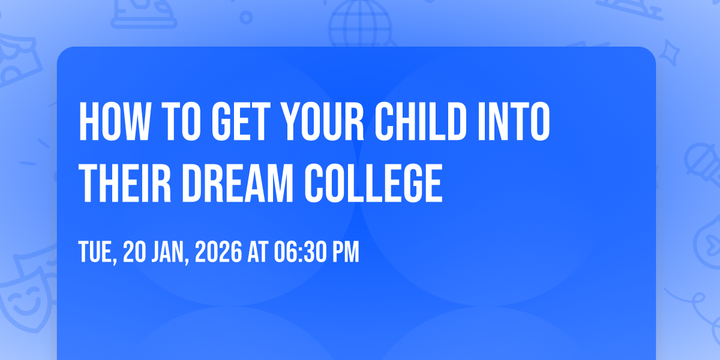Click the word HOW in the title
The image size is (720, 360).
point(115,121)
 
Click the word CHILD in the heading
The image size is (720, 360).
point(421,121)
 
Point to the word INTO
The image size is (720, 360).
point(514,121)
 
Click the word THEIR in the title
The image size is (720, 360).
point(125,183)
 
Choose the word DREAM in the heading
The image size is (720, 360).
point(238,183)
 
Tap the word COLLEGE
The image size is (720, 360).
point(373,183)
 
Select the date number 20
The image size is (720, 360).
point(135,252)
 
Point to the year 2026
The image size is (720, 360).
point(218,252)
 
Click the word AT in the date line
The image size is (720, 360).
point(258,252)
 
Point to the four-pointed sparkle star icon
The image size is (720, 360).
point(669,53)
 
